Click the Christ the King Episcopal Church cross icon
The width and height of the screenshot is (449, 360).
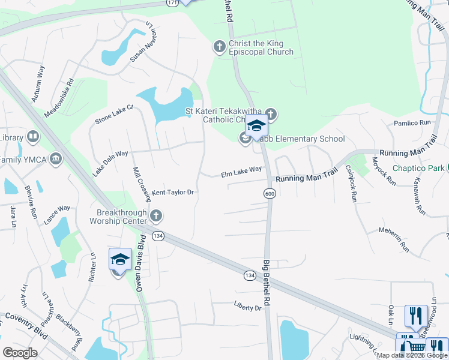[220, 46]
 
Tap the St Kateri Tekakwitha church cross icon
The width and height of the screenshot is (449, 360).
[271, 113]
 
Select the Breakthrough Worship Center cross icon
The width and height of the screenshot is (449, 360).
[156, 215]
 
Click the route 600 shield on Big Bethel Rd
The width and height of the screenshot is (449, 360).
[270, 193]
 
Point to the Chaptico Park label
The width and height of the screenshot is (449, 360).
[418, 168]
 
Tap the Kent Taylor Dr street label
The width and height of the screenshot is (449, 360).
[172, 193]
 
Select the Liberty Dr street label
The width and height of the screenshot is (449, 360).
[248, 308]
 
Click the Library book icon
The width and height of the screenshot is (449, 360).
[32, 137]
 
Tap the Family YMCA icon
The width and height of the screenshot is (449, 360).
[56, 159]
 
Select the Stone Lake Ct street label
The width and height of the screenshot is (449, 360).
[113, 116]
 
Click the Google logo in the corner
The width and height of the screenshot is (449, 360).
[20, 353]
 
